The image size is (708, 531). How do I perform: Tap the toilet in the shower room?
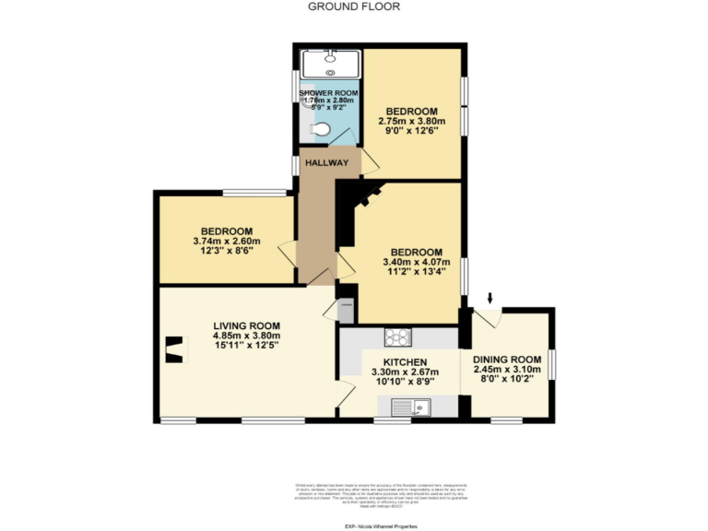point(320,131)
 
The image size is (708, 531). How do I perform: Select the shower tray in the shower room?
point(329,63)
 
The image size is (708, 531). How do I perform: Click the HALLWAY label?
point(326,163)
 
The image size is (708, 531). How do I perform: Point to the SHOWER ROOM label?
point(328,94)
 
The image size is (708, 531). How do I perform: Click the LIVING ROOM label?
point(246,325)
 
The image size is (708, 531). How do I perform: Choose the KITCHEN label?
point(399,361)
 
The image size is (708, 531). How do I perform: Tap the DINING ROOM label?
point(506,359)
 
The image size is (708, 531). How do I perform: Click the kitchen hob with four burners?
point(397,336)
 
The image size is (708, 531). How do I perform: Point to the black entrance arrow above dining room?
point(490,297)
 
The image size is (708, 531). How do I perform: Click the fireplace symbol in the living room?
point(171,348)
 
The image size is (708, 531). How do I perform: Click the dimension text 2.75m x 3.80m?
point(411,121)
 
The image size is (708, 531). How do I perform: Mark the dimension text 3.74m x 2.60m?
point(227,241)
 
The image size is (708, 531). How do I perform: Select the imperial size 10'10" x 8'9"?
point(399,382)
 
